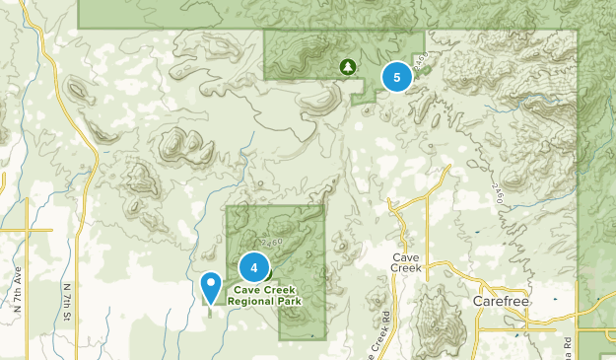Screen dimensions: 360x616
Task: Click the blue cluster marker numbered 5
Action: point(396,76)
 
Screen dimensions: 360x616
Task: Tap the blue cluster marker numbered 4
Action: point(254,266)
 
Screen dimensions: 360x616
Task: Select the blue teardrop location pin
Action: point(211,287)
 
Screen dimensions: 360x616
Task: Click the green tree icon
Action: point(347,66)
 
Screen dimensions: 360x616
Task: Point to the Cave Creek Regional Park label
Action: point(267,294)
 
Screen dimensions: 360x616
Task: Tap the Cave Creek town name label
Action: point(405,261)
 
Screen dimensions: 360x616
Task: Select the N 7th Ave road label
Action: point(18,296)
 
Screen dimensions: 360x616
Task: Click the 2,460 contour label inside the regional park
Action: point(269,243)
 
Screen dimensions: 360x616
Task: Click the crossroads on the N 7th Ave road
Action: point(26,231)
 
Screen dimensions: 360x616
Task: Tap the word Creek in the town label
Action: point(405,267)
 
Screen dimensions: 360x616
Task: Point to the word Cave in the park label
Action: point(247,289)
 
